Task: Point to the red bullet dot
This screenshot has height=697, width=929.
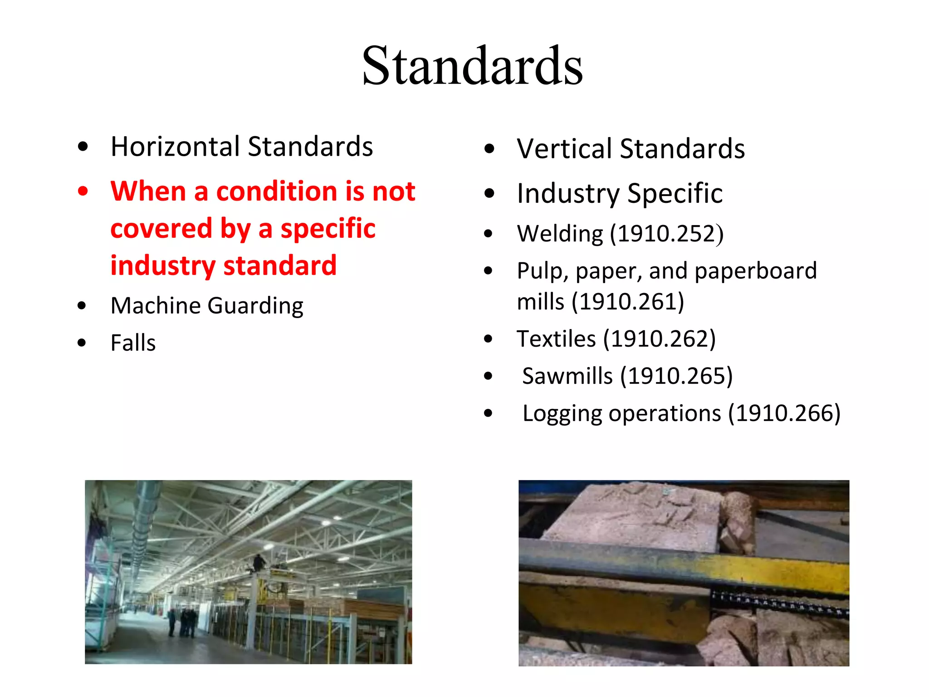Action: point(83,191)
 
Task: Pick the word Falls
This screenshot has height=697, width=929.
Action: point(133,343)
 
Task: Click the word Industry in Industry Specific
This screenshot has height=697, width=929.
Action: point(568,194)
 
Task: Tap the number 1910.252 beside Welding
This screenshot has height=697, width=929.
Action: point(666,234)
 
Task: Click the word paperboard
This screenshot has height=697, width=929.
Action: point(755,271)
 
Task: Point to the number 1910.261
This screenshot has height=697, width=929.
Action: point(628,302)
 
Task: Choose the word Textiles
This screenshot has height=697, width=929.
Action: point(556,339)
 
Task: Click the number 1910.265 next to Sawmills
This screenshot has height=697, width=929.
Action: point(676,376)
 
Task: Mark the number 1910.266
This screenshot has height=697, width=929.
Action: point(784,413)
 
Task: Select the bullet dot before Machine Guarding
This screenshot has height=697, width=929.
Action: point(82,305)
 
